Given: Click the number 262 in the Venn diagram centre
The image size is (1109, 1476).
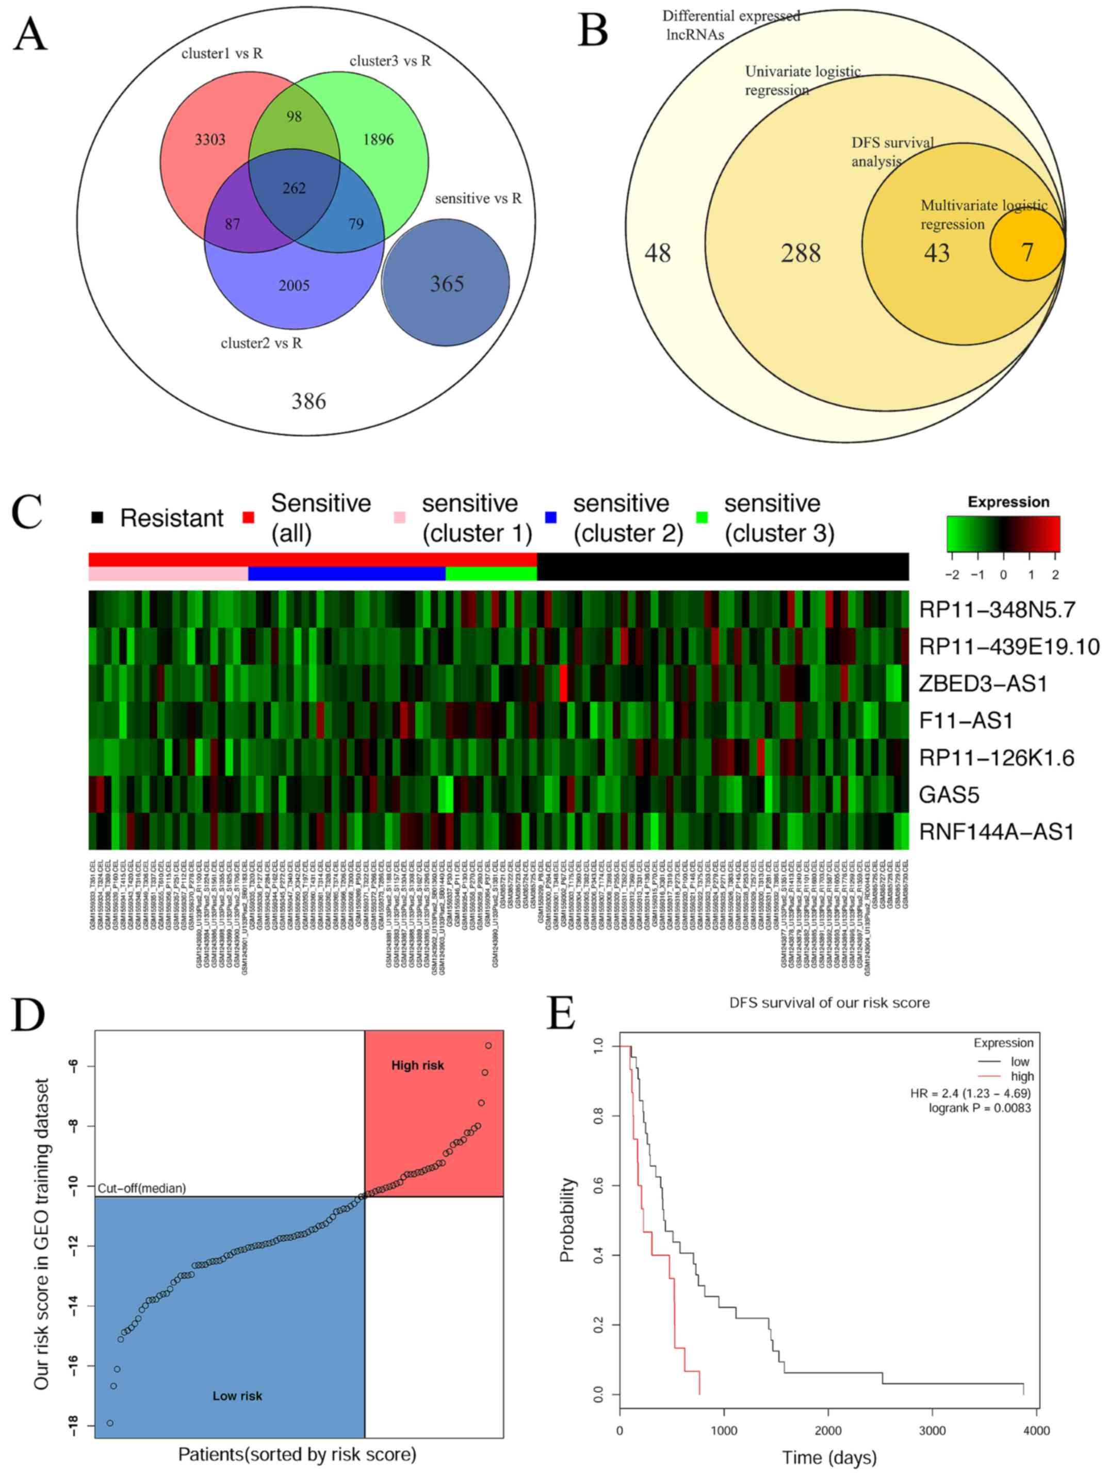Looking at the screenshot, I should coord(294,188).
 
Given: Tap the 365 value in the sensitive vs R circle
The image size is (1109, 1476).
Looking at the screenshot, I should coord(446,284).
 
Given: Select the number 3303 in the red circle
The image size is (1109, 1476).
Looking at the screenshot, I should coord(210,139).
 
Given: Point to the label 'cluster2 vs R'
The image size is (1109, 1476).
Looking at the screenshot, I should coord(262,343).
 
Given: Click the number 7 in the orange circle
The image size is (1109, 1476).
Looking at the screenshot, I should coord(1028,252).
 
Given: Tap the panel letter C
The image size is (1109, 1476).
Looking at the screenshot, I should coord(27,513).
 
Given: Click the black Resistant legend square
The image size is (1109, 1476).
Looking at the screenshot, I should coord(97,518).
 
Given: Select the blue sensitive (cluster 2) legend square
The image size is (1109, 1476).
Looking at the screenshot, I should coord(550,517).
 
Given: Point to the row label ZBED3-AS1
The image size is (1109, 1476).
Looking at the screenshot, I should coord(982,683).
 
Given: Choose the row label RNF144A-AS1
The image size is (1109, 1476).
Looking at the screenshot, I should coord(996,831).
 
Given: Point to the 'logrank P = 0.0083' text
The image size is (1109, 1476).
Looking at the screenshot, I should coord(980,1108).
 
